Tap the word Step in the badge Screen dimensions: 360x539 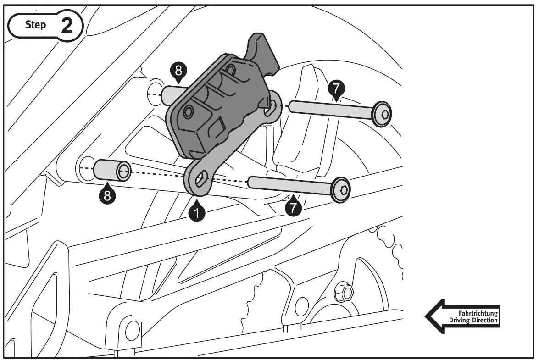tap(35, 25)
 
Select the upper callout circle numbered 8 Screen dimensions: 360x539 tap(178, 71)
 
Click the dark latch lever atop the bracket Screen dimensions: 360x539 tap(264, 50)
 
